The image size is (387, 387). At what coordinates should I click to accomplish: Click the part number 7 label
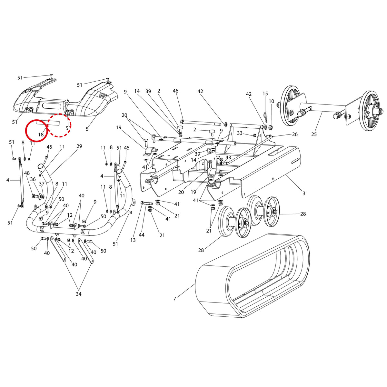pos(174,299)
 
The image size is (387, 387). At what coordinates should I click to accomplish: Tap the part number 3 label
pos(304,193)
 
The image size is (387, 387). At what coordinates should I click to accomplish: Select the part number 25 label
pos(314,134)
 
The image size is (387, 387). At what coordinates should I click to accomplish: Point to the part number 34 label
pos(78,294)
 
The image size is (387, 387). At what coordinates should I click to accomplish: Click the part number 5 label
pos(87,129)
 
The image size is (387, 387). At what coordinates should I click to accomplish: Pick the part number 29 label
pos(79,146)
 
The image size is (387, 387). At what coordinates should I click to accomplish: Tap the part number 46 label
pos(175,91)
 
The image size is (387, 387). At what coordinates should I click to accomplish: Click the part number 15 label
pos(265,94)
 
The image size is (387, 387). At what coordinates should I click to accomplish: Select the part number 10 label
pos(271,101)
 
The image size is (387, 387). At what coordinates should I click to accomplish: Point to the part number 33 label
pos(240,133)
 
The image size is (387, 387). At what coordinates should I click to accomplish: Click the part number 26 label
pos(295,134)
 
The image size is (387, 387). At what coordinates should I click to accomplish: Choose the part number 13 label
pos(133,240)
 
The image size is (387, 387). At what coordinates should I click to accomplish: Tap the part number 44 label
pos(142,235)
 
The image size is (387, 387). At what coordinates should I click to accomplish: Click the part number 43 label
pos(228,158)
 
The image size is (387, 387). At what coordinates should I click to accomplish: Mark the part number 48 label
pos(27,173)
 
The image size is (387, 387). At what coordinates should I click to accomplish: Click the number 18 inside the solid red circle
pos(41,134)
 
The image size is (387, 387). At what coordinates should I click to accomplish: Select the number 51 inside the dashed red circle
pos(68,128)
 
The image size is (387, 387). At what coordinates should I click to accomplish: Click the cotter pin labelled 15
pos(265,116)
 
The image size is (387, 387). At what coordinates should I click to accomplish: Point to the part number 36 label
pos(33,179)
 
